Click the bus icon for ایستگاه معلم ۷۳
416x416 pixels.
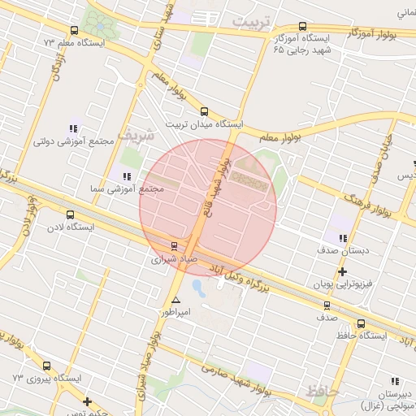[x=47, y=28]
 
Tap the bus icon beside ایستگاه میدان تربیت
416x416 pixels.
[x=203, y=112]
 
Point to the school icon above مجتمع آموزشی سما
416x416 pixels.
[x=126, y=176]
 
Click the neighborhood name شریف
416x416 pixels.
[x=136, y=135]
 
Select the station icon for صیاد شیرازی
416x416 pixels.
[x=173, y=246]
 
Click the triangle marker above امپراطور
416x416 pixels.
[x=175, y=300]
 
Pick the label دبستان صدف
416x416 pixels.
[x=344, y=251]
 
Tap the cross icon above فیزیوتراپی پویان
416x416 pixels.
[x=342, y=271]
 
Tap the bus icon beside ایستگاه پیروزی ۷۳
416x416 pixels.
[x=45, y=366]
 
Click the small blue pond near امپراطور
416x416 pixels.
[x=198, y=288]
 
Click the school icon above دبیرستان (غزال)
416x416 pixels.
[x=396, y=381]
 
